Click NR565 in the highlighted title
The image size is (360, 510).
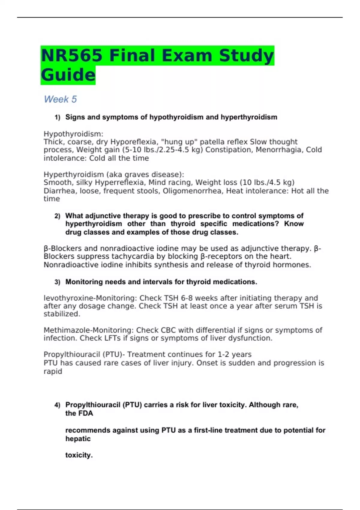(x=71, y=55)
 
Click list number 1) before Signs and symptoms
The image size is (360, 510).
(x=57, y=117)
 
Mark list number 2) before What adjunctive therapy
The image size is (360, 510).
(x=57, y=216)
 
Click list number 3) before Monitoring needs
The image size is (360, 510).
(x=57, y=282)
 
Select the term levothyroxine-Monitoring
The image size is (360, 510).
(x=90, y=298)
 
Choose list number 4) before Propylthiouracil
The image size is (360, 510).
(x=57, y=405)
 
